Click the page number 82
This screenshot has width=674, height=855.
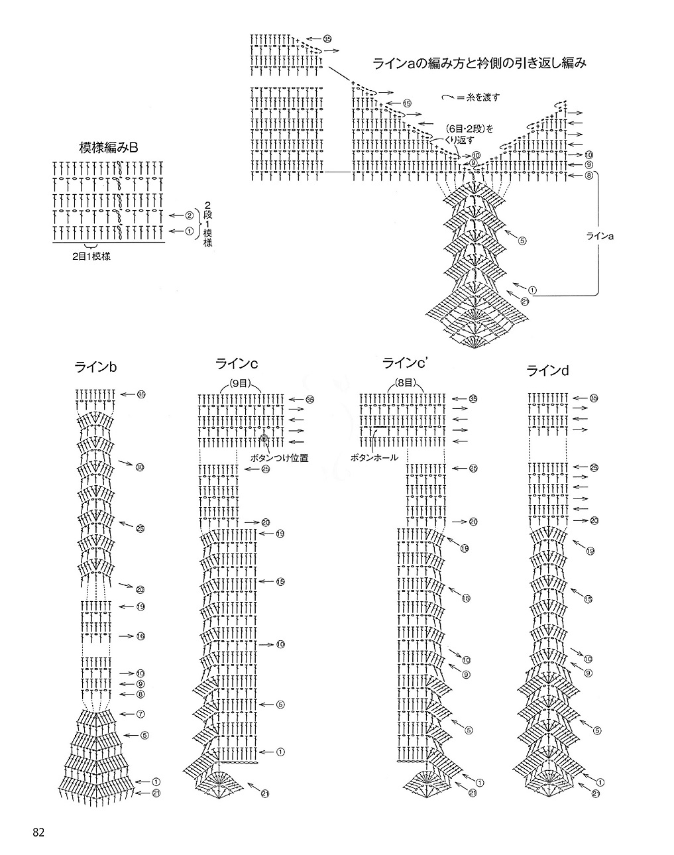pyautogui.click(x=37, y=832)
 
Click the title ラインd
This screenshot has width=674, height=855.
pyautogui.click(x=548, y=371)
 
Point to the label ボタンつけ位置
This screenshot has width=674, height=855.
pyautogui.click(x=279, y=457)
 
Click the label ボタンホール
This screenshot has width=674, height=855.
pyautogui.click(x=374, y=457)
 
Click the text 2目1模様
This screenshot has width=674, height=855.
pyautogui.click(x=91, y=256)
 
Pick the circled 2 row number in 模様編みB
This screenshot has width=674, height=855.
pyautogui.click(x=189, y=215)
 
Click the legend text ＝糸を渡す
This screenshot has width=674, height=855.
pyautogui.click(x=477, y=97)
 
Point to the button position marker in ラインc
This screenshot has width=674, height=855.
pyautogui.click(x=264, y=438)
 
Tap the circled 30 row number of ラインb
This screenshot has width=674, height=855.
pyautogui.click(x=140, y=468)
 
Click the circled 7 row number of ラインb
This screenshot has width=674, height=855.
pyautogui.click(x=140, y=714)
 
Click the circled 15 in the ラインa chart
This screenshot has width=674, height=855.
pyautogui.click(x=407, y=103)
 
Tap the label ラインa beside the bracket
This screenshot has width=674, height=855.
pyautogui.click(x=600, y=235)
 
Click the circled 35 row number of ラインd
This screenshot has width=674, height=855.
pyautogui.click(x=594, y=398)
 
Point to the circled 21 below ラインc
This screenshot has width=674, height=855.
pyautogui.click(x=265, y=794)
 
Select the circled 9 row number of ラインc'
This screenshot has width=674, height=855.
pyautogui.click(x=466, y=674)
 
